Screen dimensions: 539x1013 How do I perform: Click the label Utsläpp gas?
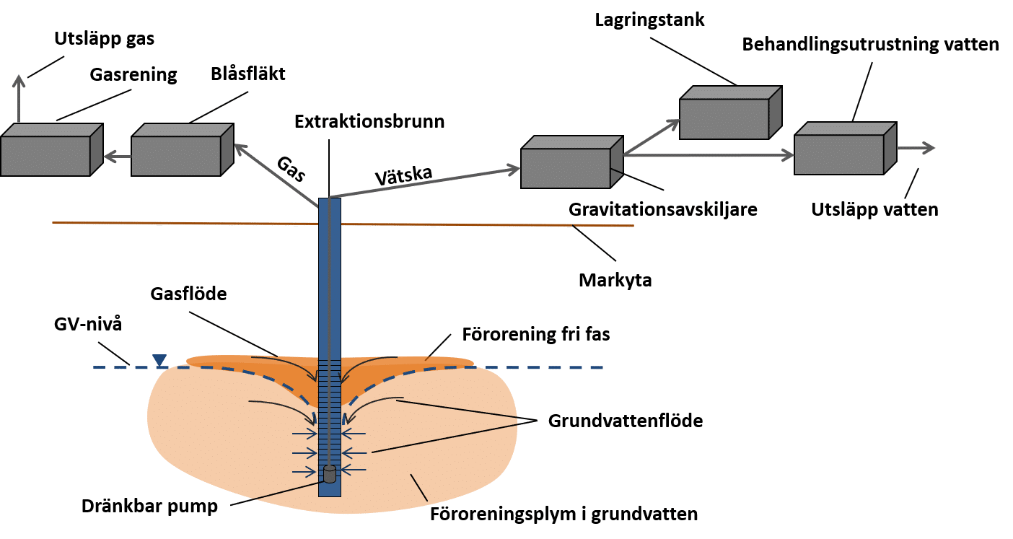pos(104,39)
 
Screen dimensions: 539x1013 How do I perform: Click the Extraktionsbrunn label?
pos(369,120)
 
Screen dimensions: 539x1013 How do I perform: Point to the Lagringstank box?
pos(731,113)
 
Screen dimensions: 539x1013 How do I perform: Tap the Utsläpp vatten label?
pos(874,210)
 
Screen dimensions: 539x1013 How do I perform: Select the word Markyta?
pos(615,280)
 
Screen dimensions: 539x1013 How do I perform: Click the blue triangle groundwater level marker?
pos(159,359)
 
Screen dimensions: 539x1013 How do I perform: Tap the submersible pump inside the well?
pos(329,474)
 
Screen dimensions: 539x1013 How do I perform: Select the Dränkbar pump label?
pos(149,507)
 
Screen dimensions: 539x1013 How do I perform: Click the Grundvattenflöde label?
pos(626,420)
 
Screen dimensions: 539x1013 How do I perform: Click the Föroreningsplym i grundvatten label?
pos(563,514)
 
